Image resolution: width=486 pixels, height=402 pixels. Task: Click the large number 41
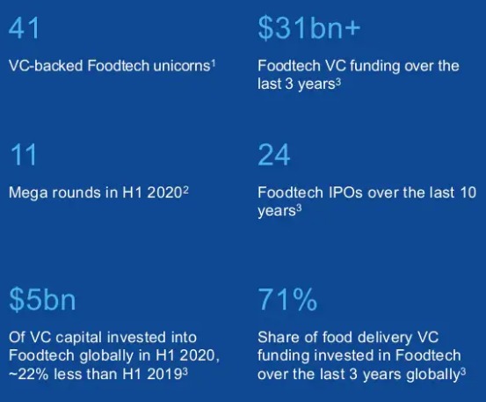click(24, 28)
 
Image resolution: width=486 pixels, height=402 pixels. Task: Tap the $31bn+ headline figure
click(309, 28)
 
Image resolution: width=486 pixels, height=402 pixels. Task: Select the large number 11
click(23, 155)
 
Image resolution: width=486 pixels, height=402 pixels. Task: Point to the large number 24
click(274, 155)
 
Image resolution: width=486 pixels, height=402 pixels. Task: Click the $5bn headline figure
click(42, 299)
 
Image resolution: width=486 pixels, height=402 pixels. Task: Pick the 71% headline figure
click(287, 299)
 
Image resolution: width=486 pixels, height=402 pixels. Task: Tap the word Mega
click(28, 193)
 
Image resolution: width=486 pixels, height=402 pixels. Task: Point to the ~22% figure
click(28, 374)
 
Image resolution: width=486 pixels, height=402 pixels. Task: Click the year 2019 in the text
click(164, 374)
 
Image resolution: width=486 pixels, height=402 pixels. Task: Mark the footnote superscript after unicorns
click(214, 63)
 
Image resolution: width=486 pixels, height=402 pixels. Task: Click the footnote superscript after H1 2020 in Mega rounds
click(185, 189)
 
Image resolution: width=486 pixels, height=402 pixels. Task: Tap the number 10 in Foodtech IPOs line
click(468, 193)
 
